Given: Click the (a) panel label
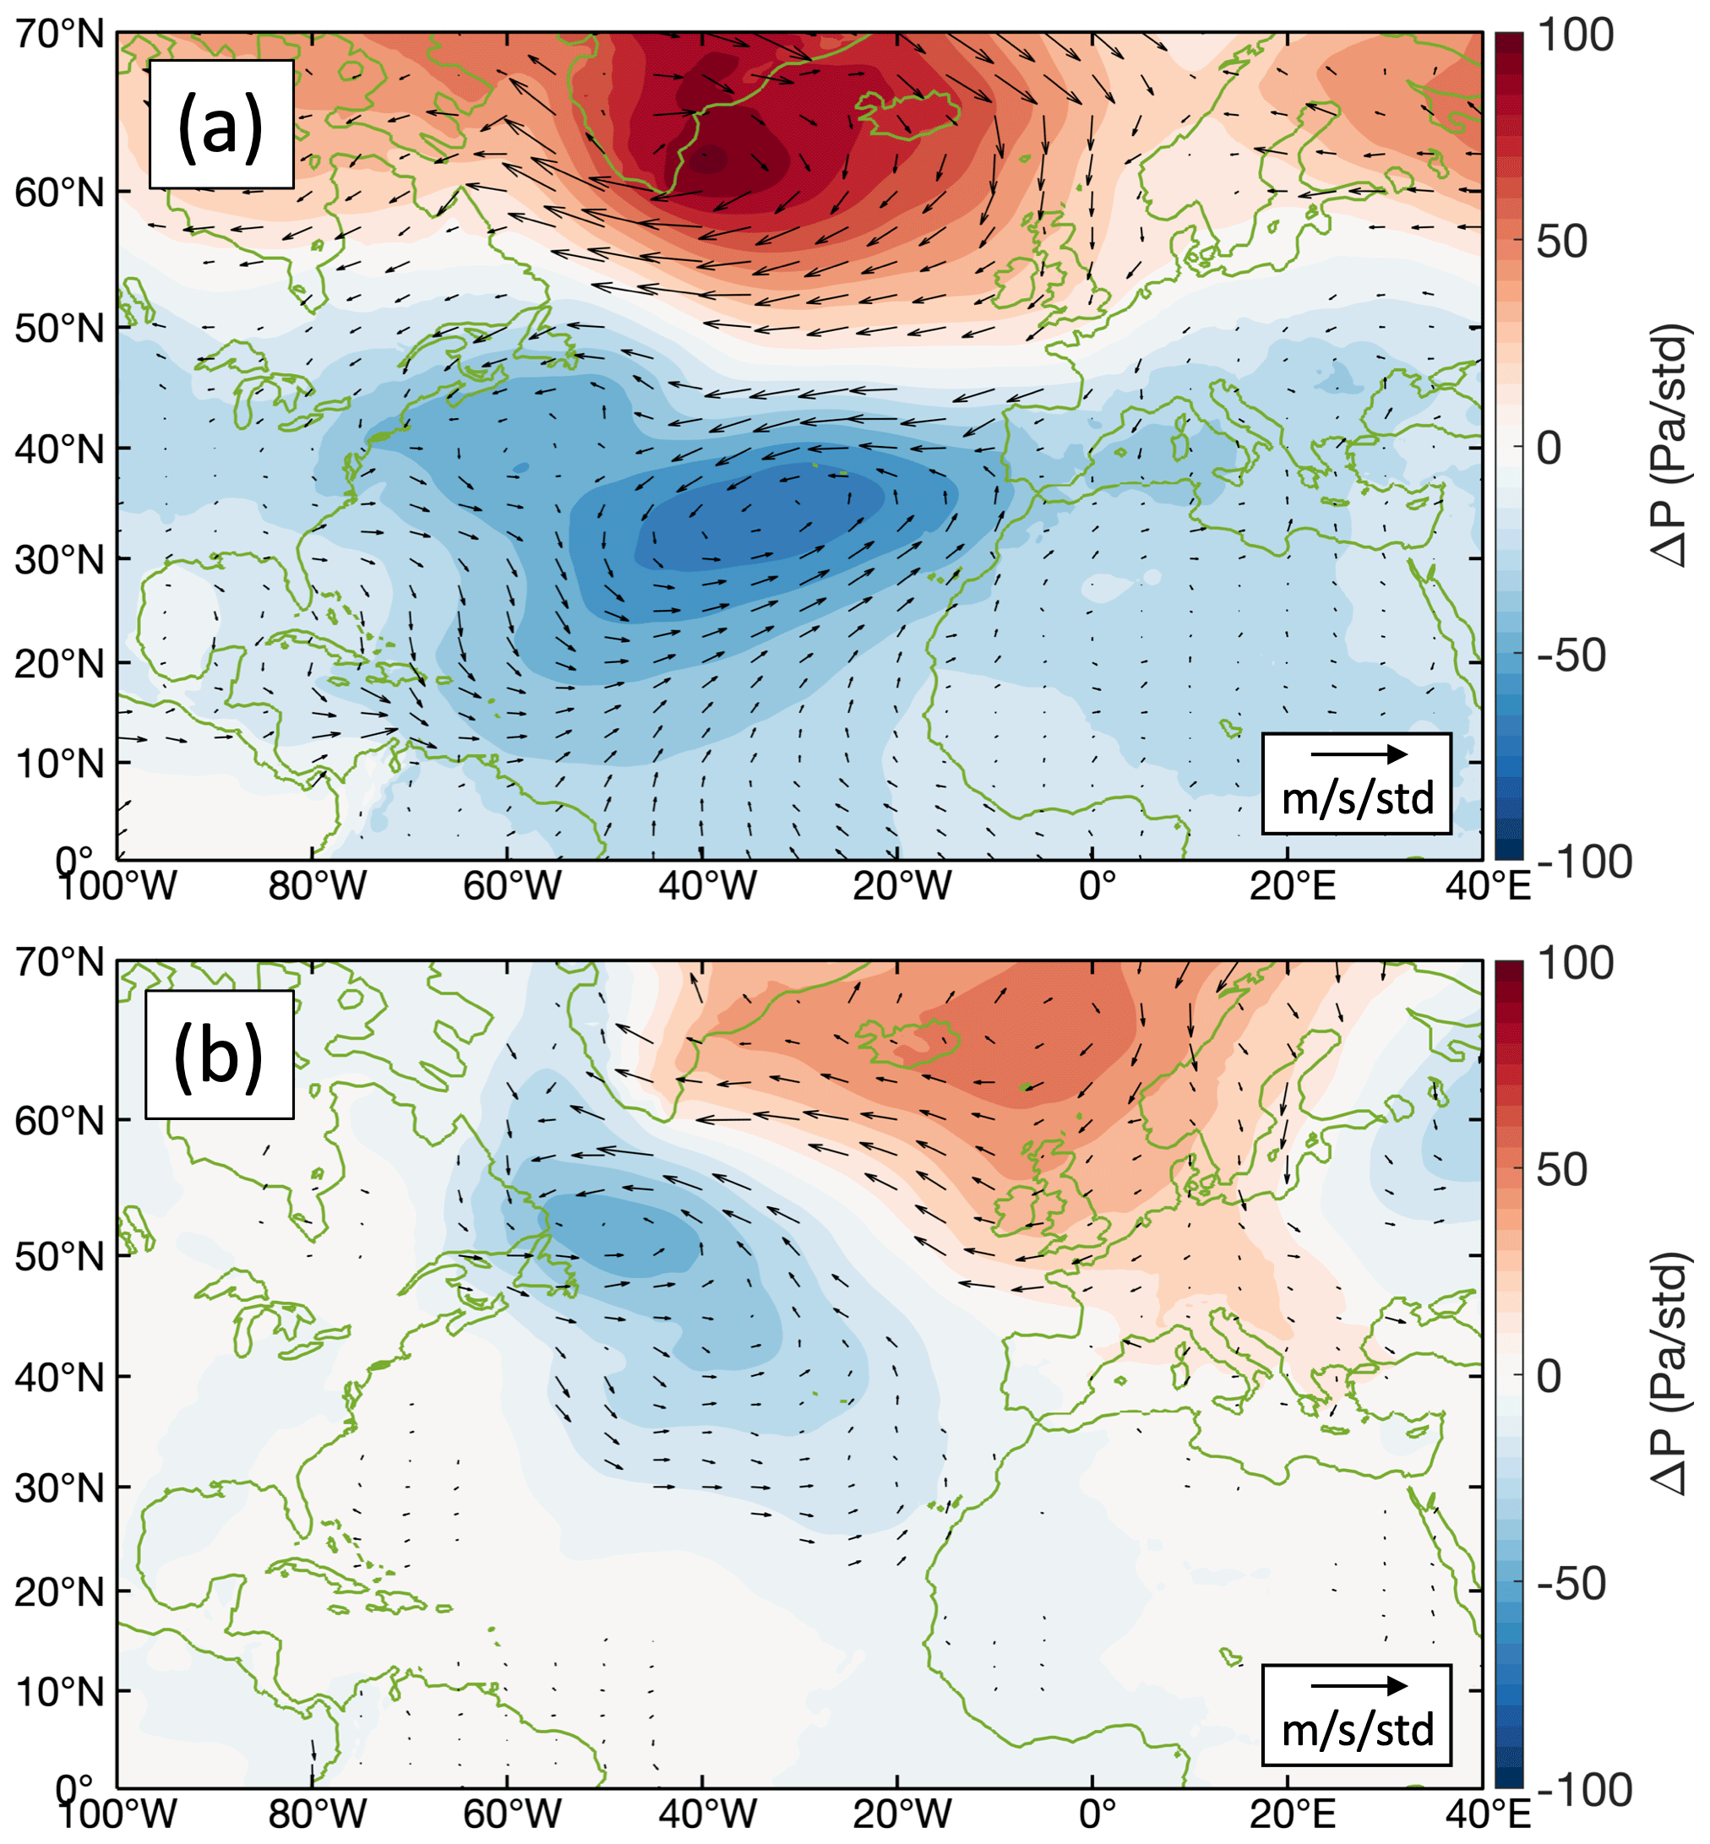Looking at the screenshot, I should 221,126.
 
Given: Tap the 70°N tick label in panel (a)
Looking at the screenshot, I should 60,35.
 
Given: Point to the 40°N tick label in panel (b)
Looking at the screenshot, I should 60,1378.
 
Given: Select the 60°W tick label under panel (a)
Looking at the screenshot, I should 512,886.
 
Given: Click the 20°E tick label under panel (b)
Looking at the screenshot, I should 1292,1815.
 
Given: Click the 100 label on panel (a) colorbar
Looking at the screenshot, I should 1575,35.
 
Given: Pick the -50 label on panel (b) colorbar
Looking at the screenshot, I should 1571,1584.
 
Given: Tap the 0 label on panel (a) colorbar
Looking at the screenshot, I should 1549,448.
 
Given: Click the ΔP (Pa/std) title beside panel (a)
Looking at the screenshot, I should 1671,444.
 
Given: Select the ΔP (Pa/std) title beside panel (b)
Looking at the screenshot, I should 1671,1373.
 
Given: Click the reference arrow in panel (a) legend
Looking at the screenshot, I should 1359,754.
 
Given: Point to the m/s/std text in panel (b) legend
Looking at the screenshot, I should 1358,1729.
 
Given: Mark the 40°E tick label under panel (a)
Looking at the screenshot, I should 1488,886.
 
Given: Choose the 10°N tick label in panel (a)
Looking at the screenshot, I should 60,764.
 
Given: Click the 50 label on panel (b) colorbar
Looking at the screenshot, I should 1561,1171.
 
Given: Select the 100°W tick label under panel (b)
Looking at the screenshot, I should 117,1815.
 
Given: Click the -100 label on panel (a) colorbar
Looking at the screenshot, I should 1584,862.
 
